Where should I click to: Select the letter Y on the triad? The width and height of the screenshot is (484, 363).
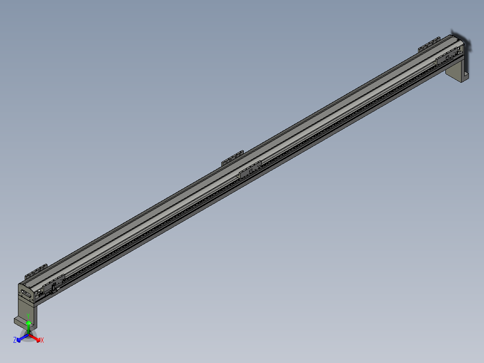pos(28,317)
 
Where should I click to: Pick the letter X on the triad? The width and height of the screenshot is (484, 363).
pos(42,341)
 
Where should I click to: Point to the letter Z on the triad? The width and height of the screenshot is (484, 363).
pos(15,340)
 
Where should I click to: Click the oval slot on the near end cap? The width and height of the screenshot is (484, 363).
pos(26,295)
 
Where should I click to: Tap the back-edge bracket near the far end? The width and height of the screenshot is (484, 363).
pos(429,45)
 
